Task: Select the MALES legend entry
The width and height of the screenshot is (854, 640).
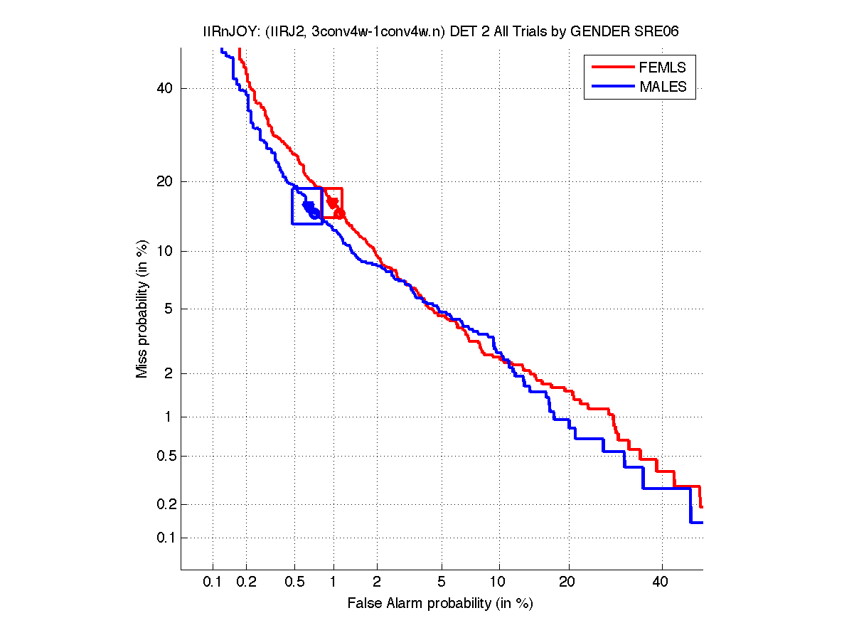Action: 663,87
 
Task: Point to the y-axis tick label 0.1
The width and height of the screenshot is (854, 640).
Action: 165,538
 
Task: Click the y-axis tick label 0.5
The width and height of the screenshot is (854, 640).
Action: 165,456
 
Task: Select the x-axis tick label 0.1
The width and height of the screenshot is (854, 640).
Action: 213,582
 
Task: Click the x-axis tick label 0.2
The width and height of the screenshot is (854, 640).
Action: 246,582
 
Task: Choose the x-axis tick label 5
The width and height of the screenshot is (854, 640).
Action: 442,582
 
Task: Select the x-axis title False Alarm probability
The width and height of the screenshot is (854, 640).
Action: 440,604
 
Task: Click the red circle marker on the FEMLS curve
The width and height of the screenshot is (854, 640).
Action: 339,213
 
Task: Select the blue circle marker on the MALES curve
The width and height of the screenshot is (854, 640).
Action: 314,213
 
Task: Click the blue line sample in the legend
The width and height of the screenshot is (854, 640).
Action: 612,87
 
